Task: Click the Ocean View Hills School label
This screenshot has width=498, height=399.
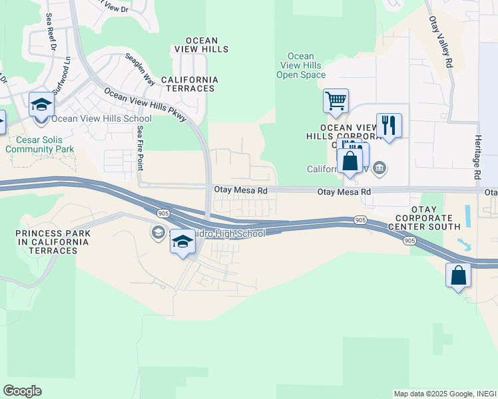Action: coord(101,119)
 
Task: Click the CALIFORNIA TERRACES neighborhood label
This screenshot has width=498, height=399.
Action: coord(192,84)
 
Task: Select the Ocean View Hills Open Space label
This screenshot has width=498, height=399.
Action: coord(300,66)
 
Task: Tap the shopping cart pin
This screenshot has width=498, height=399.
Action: coord(336,102)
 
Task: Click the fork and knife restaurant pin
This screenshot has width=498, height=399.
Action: coord(389,125)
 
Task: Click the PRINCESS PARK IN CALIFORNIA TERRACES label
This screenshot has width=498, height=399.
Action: coord(53,241)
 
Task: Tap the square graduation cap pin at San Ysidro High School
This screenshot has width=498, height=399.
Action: coord(182,243)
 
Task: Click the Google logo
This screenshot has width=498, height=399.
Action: coord(22,391)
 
